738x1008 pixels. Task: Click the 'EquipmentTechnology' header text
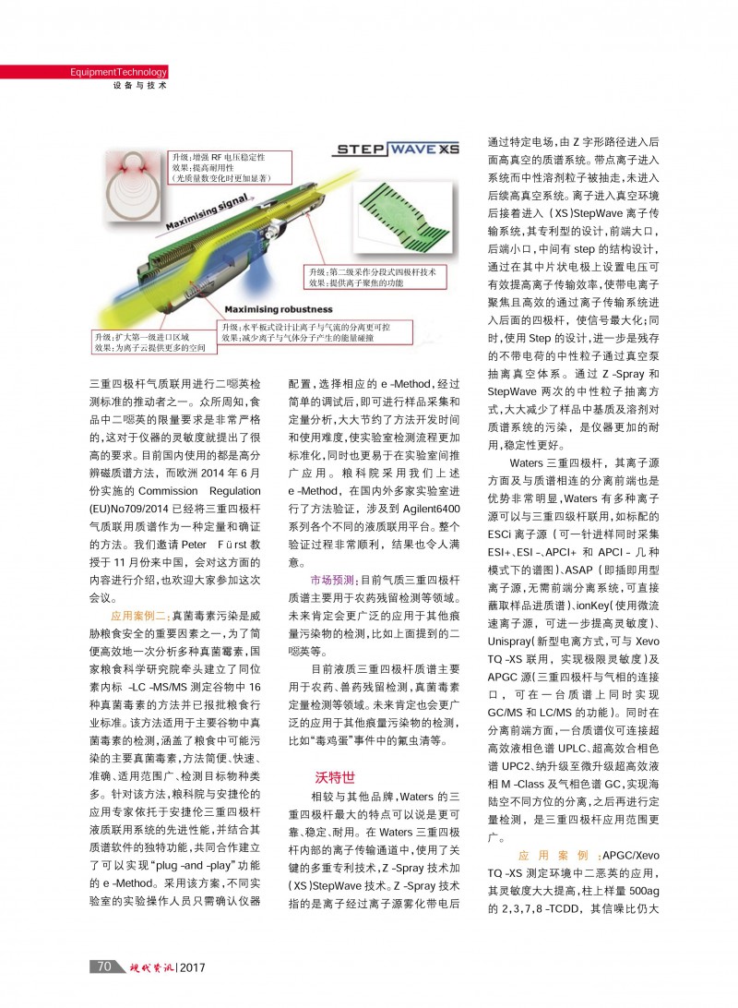pyautogui.click(x=118, y=72)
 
